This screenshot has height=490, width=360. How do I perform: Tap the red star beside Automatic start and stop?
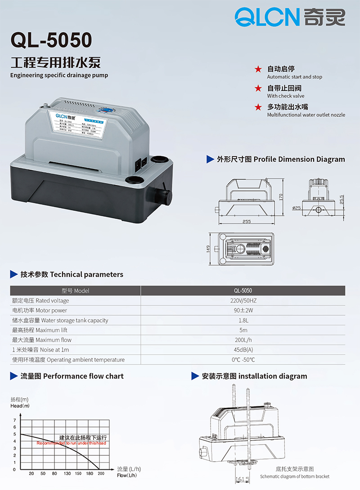tap(258, 69)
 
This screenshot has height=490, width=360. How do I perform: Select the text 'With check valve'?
tap(285, 96)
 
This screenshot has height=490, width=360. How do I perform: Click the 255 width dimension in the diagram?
tap(247, 222)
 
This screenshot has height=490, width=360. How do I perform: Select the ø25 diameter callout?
tap(297, 208)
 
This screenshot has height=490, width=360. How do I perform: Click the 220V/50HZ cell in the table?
tap(243, 301)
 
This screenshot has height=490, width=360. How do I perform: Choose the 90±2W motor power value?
tap(243, 311)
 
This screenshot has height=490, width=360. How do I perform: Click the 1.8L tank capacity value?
tap(243, 321)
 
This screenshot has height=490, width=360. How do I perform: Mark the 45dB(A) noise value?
tap(243, 350)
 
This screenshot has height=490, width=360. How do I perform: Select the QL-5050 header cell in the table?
tap(243, 291)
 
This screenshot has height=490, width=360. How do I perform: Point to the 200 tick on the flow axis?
tap(101, 474)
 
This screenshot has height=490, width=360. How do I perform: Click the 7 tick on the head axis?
tap(14, 420)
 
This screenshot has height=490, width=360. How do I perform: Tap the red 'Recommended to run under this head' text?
tap(71, 443)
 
